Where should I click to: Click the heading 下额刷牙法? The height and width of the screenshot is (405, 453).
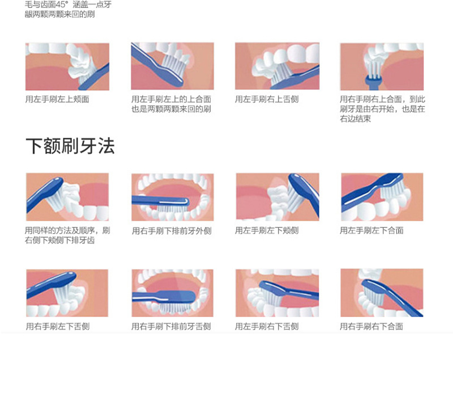70,146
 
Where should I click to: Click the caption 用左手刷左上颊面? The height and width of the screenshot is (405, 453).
57,99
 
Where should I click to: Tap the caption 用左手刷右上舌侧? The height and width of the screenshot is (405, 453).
267,99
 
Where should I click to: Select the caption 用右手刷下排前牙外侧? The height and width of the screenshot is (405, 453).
172,231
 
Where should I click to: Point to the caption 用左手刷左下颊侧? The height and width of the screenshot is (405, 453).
267,230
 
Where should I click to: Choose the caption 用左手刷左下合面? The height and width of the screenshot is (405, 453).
371,230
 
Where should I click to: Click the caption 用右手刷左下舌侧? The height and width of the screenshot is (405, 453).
57,326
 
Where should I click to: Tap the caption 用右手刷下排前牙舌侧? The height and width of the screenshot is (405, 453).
171,326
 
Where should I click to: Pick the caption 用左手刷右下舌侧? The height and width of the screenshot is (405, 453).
267,326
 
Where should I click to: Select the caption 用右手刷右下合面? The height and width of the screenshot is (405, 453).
371,326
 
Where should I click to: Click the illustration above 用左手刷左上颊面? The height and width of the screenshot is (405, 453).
67,66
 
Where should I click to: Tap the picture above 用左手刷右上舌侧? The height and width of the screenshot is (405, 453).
277,66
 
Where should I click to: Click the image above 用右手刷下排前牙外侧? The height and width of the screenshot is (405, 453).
173,197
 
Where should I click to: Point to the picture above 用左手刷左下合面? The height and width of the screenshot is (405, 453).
382,197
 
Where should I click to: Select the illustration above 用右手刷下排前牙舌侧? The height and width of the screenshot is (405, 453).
173,293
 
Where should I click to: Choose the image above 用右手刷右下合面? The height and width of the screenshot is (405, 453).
382,293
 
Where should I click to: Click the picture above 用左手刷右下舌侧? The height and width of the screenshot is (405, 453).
277,293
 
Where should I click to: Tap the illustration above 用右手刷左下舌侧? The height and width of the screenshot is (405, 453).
67,293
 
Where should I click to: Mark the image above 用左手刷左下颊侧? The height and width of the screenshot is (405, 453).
277,197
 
